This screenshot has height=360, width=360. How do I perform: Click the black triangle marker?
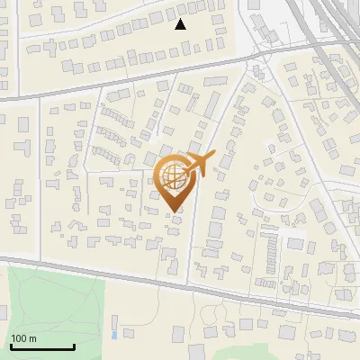(x=180, y=24)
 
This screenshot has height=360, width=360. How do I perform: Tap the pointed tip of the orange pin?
(x=173, y=211)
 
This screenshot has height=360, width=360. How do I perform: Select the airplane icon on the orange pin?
(x=199, y=163)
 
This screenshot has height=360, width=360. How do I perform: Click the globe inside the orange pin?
(x=172, y=175)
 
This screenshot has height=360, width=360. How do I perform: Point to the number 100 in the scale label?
(x=20, y=338)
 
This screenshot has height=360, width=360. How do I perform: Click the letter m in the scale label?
(x=33, y=338)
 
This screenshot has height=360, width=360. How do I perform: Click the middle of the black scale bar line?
(x=42, y=346)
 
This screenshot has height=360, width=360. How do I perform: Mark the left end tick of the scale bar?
(x=11, y=345)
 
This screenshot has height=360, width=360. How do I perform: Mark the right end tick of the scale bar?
(x=74, y=345)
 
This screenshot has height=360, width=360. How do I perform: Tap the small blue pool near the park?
(x=113, y=335)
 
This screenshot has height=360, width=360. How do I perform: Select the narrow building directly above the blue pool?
(x=114, y=321)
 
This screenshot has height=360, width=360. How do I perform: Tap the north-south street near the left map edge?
(x=38, y=180)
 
